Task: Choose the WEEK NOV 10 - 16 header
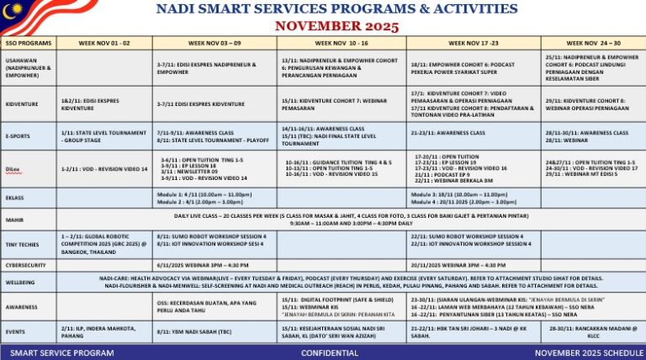tap(341, 42)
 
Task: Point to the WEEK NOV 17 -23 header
tap(473, 42)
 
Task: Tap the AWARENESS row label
tap(20, 307)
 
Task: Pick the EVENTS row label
tap(15, 331)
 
